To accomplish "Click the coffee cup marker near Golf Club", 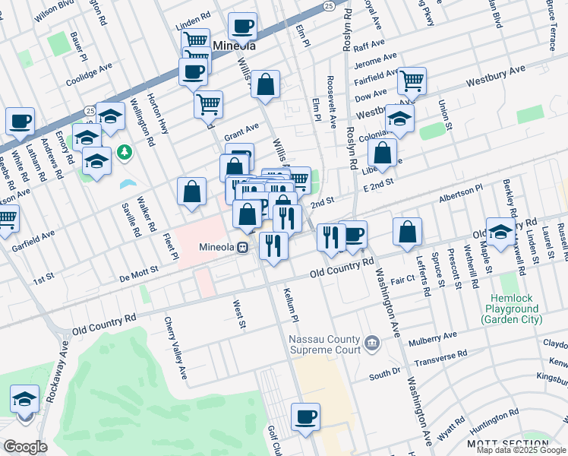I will point(305,416).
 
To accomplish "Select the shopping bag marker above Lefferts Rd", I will point(408,233).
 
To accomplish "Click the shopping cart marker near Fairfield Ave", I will point(411,81).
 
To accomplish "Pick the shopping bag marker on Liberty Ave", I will point(383,153).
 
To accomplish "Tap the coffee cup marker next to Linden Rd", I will point(242,27).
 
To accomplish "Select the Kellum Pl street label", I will point(289,303).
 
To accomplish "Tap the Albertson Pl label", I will point(460,191).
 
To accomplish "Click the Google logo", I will point(25,447).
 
